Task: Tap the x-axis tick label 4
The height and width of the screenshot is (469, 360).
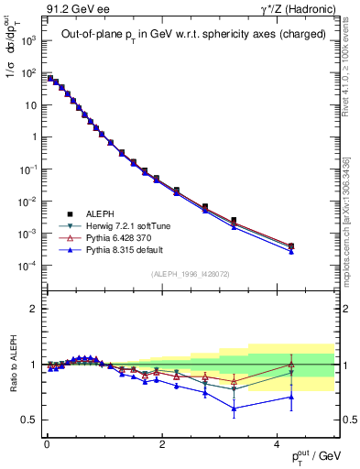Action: point(277,444)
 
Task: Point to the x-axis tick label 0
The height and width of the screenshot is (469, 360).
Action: point(47,444)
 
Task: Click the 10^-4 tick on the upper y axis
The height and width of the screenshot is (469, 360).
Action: point(27,266)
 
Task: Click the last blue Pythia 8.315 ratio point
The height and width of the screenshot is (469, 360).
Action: point(290,397)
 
